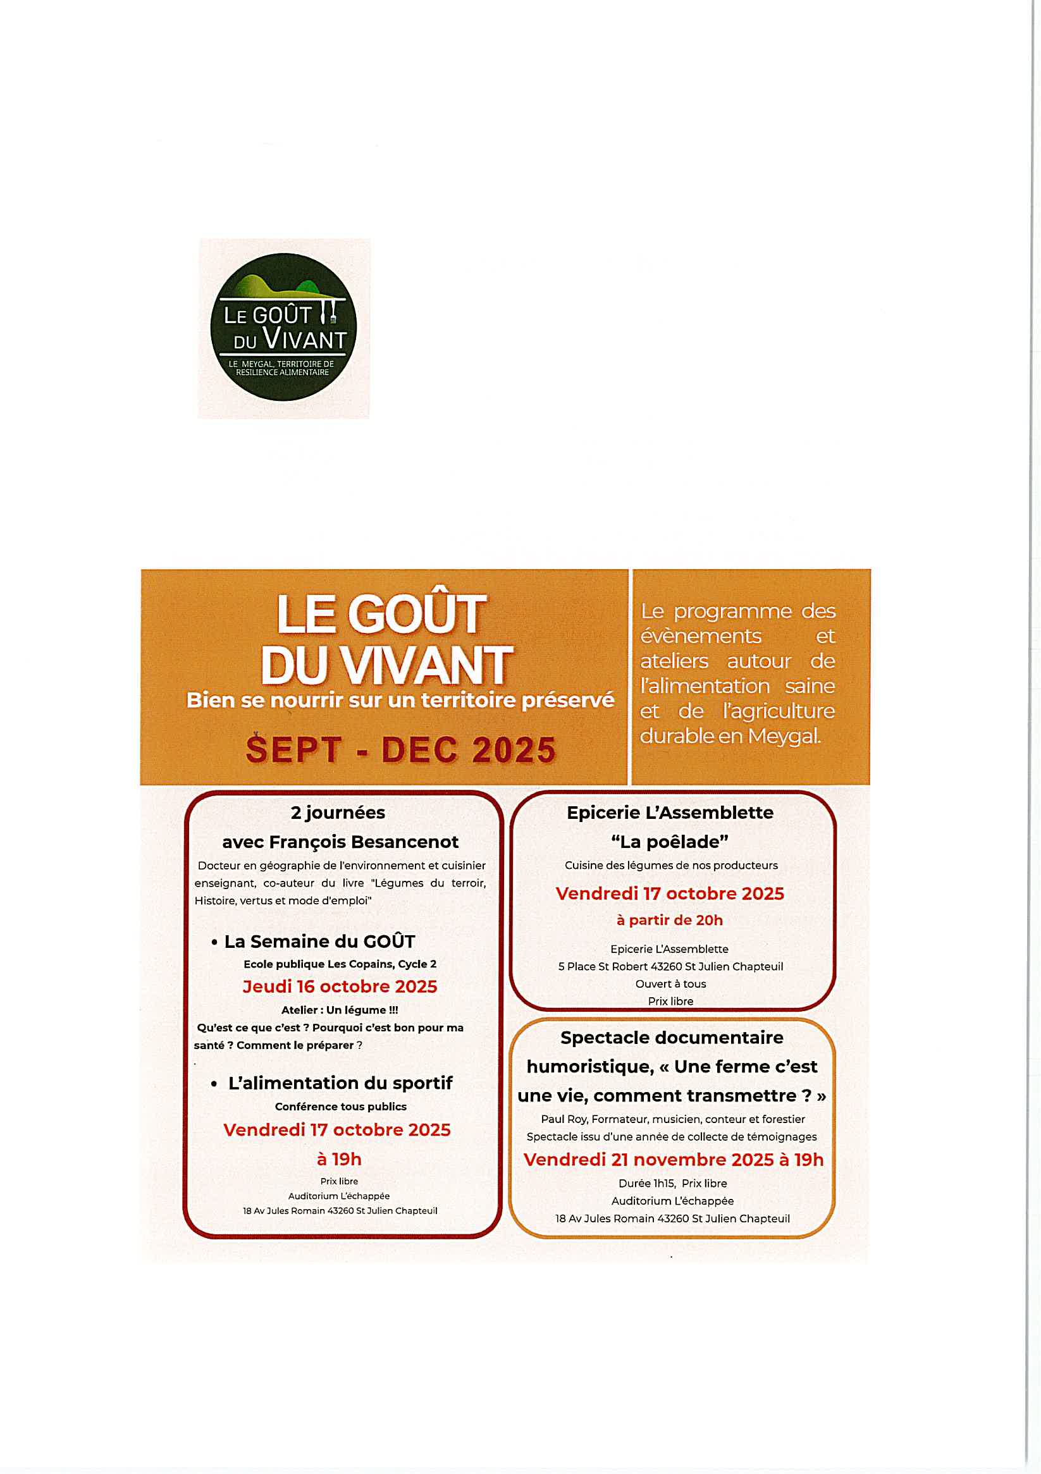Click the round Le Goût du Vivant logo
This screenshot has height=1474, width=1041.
(283, 328)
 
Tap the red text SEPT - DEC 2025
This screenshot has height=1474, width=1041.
(401, 750)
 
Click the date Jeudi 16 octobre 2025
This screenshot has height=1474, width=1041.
(340, 986)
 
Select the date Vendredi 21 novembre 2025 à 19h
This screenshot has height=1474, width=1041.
(673, 1160)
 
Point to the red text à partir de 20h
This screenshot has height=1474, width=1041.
(670, 920)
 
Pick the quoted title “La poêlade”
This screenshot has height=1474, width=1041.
(670, 842)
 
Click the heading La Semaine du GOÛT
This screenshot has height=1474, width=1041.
(319, 941)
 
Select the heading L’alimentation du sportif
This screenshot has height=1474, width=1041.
(340, 1083)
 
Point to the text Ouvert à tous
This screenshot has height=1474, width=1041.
(670, 983)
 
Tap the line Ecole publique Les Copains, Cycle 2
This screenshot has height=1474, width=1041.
(340, 964)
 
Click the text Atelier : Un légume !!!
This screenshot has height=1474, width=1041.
(340, 1010)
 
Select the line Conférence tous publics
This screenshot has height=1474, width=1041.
(340, 1106)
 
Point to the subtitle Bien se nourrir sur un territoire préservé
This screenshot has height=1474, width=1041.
(400, 700)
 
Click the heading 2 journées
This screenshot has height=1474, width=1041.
(338, 813)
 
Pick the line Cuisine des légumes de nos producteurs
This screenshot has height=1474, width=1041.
(671, 866)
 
